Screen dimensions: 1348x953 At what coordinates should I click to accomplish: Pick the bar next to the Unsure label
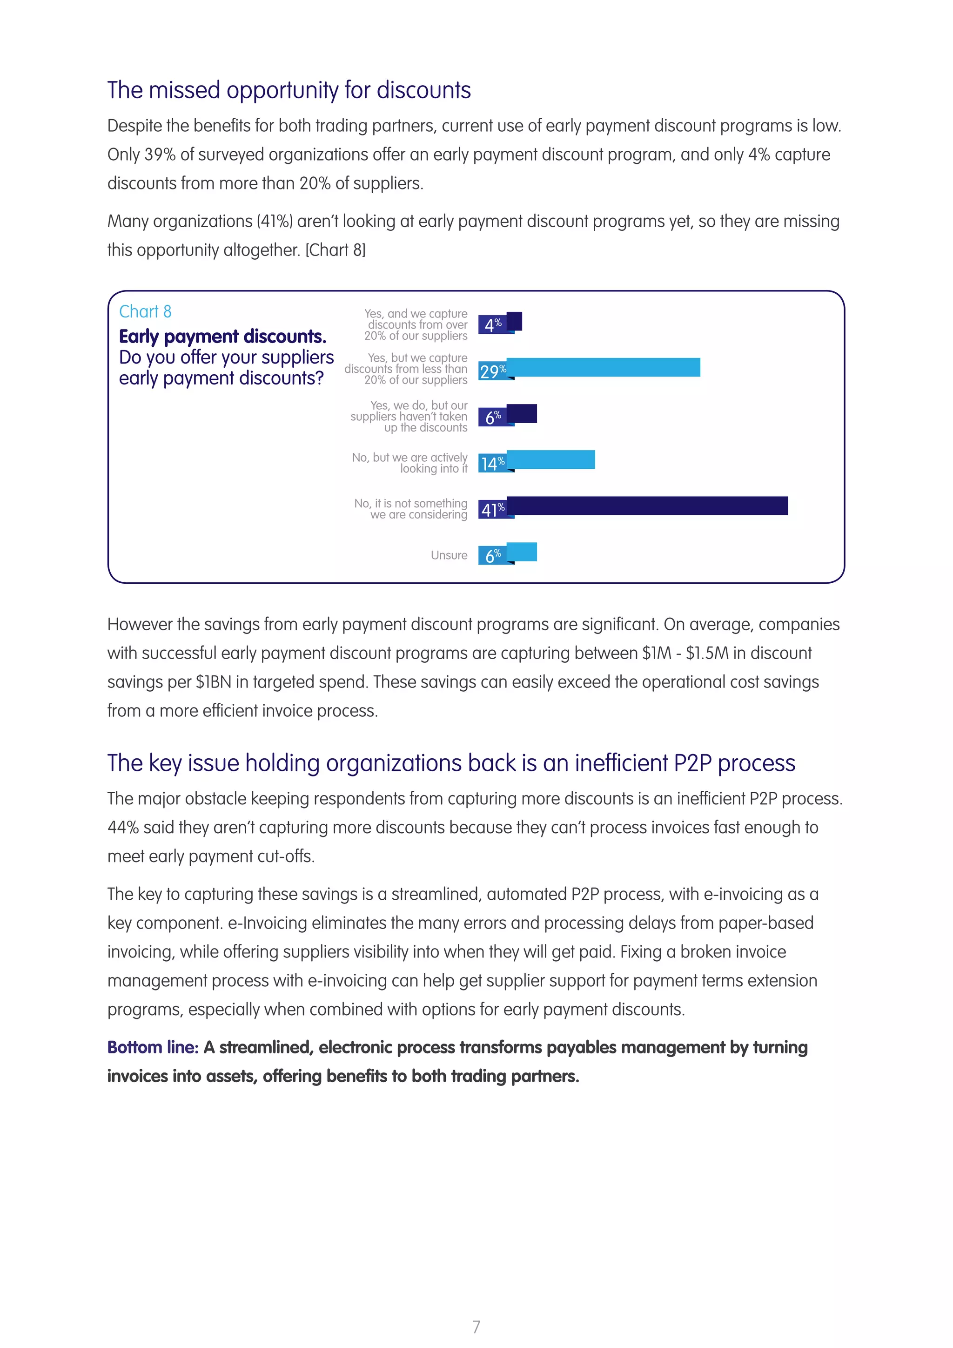click(522, 552)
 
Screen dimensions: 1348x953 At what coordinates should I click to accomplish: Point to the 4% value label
click(492, 324)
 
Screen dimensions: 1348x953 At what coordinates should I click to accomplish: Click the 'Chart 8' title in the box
click(145, 311)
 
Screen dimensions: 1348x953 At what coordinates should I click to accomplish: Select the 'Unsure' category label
click(449, 555)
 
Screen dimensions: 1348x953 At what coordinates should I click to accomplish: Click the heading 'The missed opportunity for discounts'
click(289, 90)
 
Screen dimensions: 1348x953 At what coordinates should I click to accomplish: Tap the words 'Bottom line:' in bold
click(153, 1047)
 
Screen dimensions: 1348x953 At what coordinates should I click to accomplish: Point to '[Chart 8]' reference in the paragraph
click(335, 250)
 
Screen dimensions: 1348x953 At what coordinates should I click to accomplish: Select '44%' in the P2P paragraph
click(123, 827)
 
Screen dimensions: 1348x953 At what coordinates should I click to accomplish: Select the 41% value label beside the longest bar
click(492, 510)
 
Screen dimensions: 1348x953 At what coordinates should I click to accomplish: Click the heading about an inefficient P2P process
click(451, 762)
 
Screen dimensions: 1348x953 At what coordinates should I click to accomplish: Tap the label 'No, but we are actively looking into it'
click(409, 463)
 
